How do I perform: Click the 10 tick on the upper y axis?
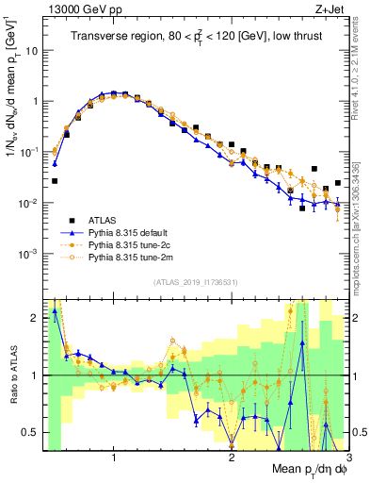[33, 50]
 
